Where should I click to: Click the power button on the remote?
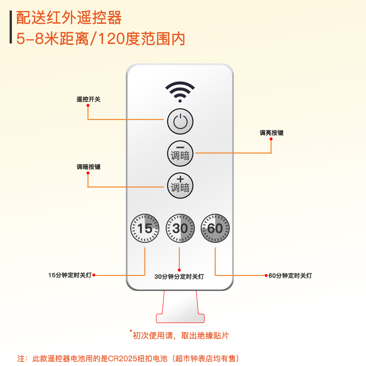pyautogui.click(x=180, y=122)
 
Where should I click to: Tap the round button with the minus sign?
pyautogui.click(x=180, y=152)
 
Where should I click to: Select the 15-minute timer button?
pyautogui.click(x=145, y=228)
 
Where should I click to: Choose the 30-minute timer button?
pyautogui.click(x=180, y=228)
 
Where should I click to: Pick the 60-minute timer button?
pyautogui.click(x=215, y=228)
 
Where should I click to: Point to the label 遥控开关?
pyautogui.click(x=88, y=99)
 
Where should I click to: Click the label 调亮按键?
pyautogui.click(x=271, y=133)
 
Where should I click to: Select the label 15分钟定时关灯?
pyautogui.click(x=70, y=275)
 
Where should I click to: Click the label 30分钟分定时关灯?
pyautogui.click(x=179, y=277)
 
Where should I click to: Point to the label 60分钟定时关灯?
pyautogui.click(x=290, y=276)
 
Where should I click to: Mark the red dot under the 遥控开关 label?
pyautogui.click(x=88, y=105)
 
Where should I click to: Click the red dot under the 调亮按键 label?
pyautogui.click(x=271, y=139)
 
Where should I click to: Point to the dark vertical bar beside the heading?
pyautogui.click(x=11, y=27)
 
